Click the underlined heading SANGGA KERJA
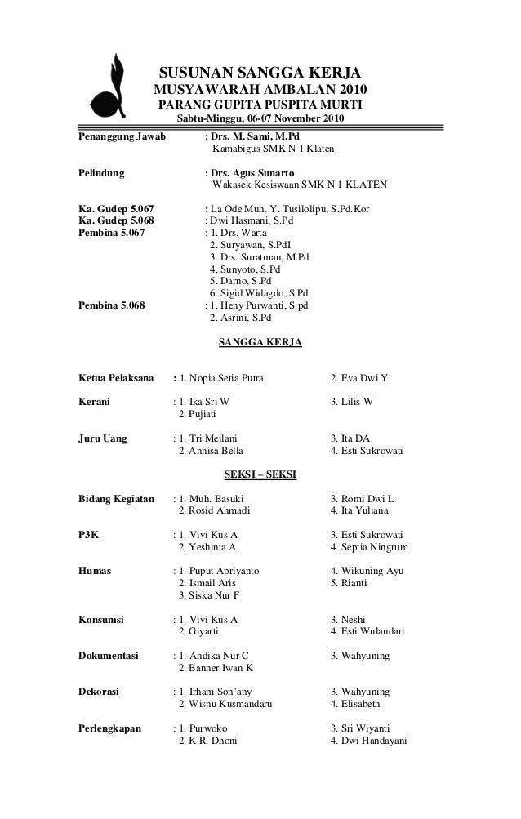[260, 342]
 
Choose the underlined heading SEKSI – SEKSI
[260, 474]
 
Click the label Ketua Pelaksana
[116, 378]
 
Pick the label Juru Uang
[103, 438]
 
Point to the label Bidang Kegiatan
[116, 498]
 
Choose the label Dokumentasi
[108, 655]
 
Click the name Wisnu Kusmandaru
[229, 704]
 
